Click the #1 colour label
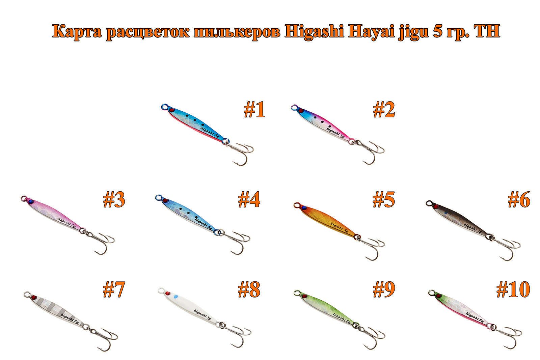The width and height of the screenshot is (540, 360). [254, 110]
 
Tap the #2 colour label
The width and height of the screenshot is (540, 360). [384, 110]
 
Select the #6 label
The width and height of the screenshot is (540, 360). [519, 199]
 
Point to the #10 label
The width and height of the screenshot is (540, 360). [513, 289]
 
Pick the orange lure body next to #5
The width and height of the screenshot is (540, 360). [328, 222]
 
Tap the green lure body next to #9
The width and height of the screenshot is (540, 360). [327, 310]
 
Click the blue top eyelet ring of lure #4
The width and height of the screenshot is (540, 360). [159, 198]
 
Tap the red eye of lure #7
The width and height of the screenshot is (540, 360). [34, 297]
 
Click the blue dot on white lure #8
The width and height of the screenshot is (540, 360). [176, 297]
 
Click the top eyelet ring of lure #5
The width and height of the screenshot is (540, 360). [297, 205]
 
